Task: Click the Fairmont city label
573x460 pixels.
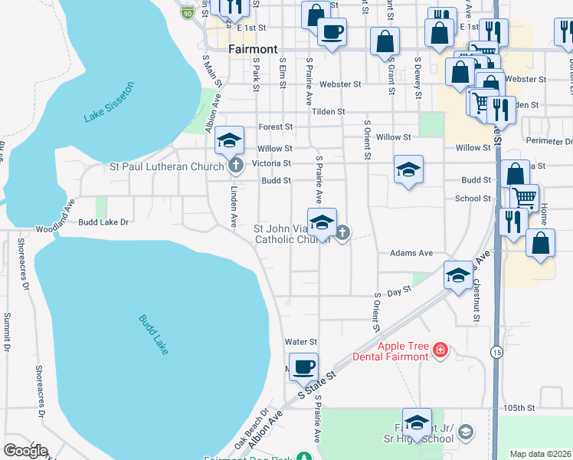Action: point(253,49)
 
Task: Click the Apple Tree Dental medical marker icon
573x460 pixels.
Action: point(440,351)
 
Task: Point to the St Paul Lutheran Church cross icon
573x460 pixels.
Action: point(235,165)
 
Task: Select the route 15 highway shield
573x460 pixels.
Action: point(496,351)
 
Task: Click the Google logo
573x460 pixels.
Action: point(25,451)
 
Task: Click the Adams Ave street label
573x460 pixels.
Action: point(411,253)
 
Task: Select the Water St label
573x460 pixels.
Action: point(300,341)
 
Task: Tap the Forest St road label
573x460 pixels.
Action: point(276,127)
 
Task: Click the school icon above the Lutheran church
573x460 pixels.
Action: point(229,140)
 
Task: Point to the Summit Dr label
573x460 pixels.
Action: point(7,331)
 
